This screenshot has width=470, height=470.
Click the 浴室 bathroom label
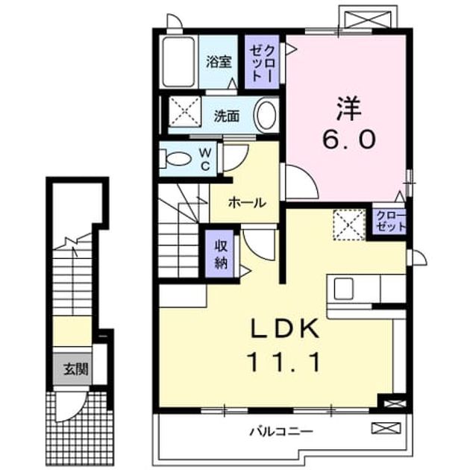219,62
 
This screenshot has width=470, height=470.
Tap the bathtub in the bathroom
178,62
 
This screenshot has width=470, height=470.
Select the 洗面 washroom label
227,116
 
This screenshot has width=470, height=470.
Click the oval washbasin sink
266,114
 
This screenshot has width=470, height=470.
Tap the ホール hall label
247,203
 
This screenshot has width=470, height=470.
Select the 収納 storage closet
221,254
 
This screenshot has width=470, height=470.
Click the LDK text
284,329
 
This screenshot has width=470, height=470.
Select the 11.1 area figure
283,362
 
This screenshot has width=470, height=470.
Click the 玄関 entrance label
76,369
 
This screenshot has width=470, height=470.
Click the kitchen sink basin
343,289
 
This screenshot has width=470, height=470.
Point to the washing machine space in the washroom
185,112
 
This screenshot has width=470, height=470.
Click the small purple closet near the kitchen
389,221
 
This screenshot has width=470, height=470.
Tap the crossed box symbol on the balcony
386,427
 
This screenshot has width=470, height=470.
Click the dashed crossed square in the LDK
349,225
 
